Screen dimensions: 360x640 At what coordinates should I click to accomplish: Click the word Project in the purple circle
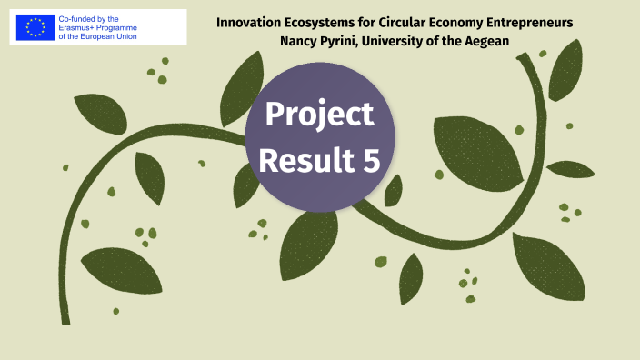[319, 115]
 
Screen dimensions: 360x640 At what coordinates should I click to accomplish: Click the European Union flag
[35, 27]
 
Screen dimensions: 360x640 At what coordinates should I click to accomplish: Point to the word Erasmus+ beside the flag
[77, 27]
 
